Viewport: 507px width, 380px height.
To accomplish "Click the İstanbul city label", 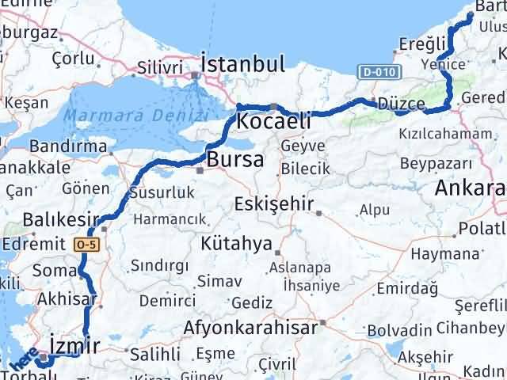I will click(242, 64).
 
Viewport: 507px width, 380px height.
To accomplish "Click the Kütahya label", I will click(236, 242).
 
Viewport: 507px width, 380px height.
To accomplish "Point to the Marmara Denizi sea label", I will click(136, 116).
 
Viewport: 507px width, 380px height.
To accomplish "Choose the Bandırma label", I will click(68, 147).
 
